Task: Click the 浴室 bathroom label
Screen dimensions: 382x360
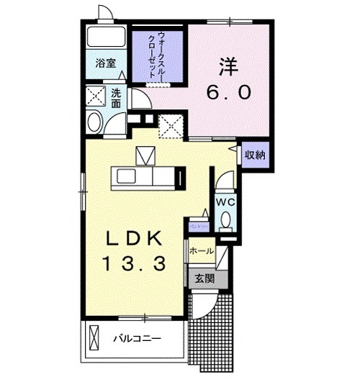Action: pos(106,63)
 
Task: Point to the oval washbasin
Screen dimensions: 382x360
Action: pos(94,122)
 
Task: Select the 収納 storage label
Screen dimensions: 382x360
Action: pos(254,154)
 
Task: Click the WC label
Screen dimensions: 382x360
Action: pos(225,202)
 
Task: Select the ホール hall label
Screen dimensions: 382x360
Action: pos(202,251)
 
